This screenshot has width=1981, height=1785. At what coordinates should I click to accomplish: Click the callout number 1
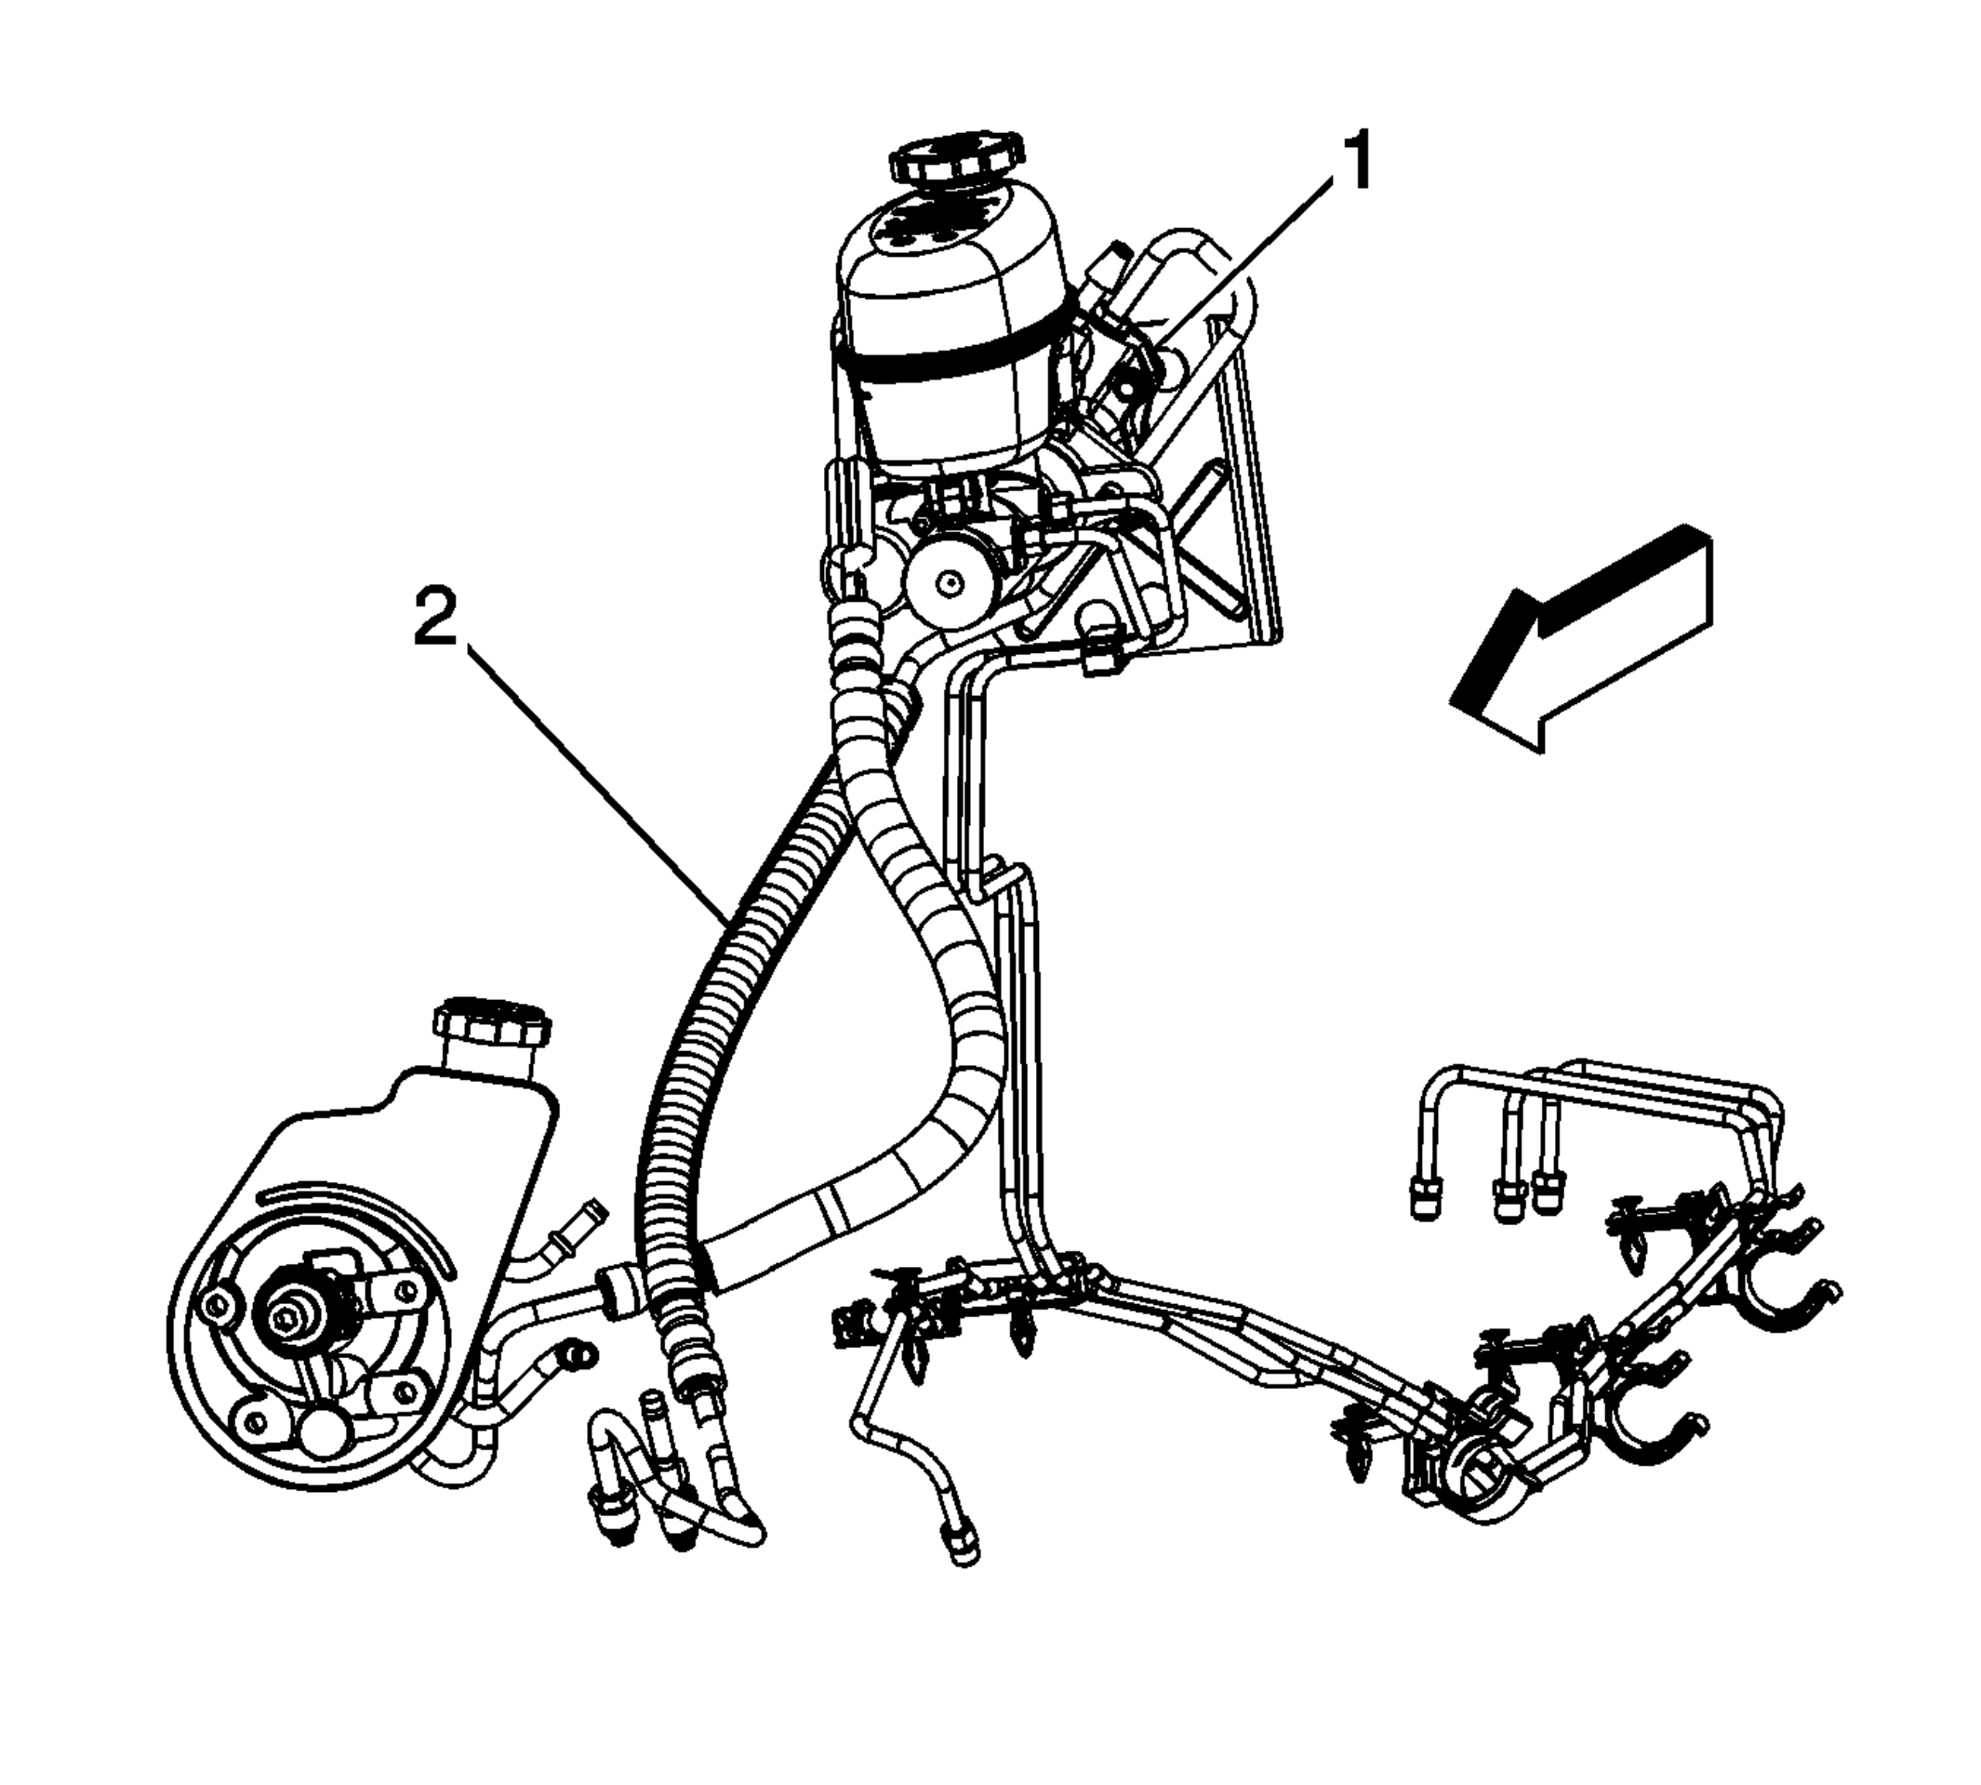click(x=1355, y=163)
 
